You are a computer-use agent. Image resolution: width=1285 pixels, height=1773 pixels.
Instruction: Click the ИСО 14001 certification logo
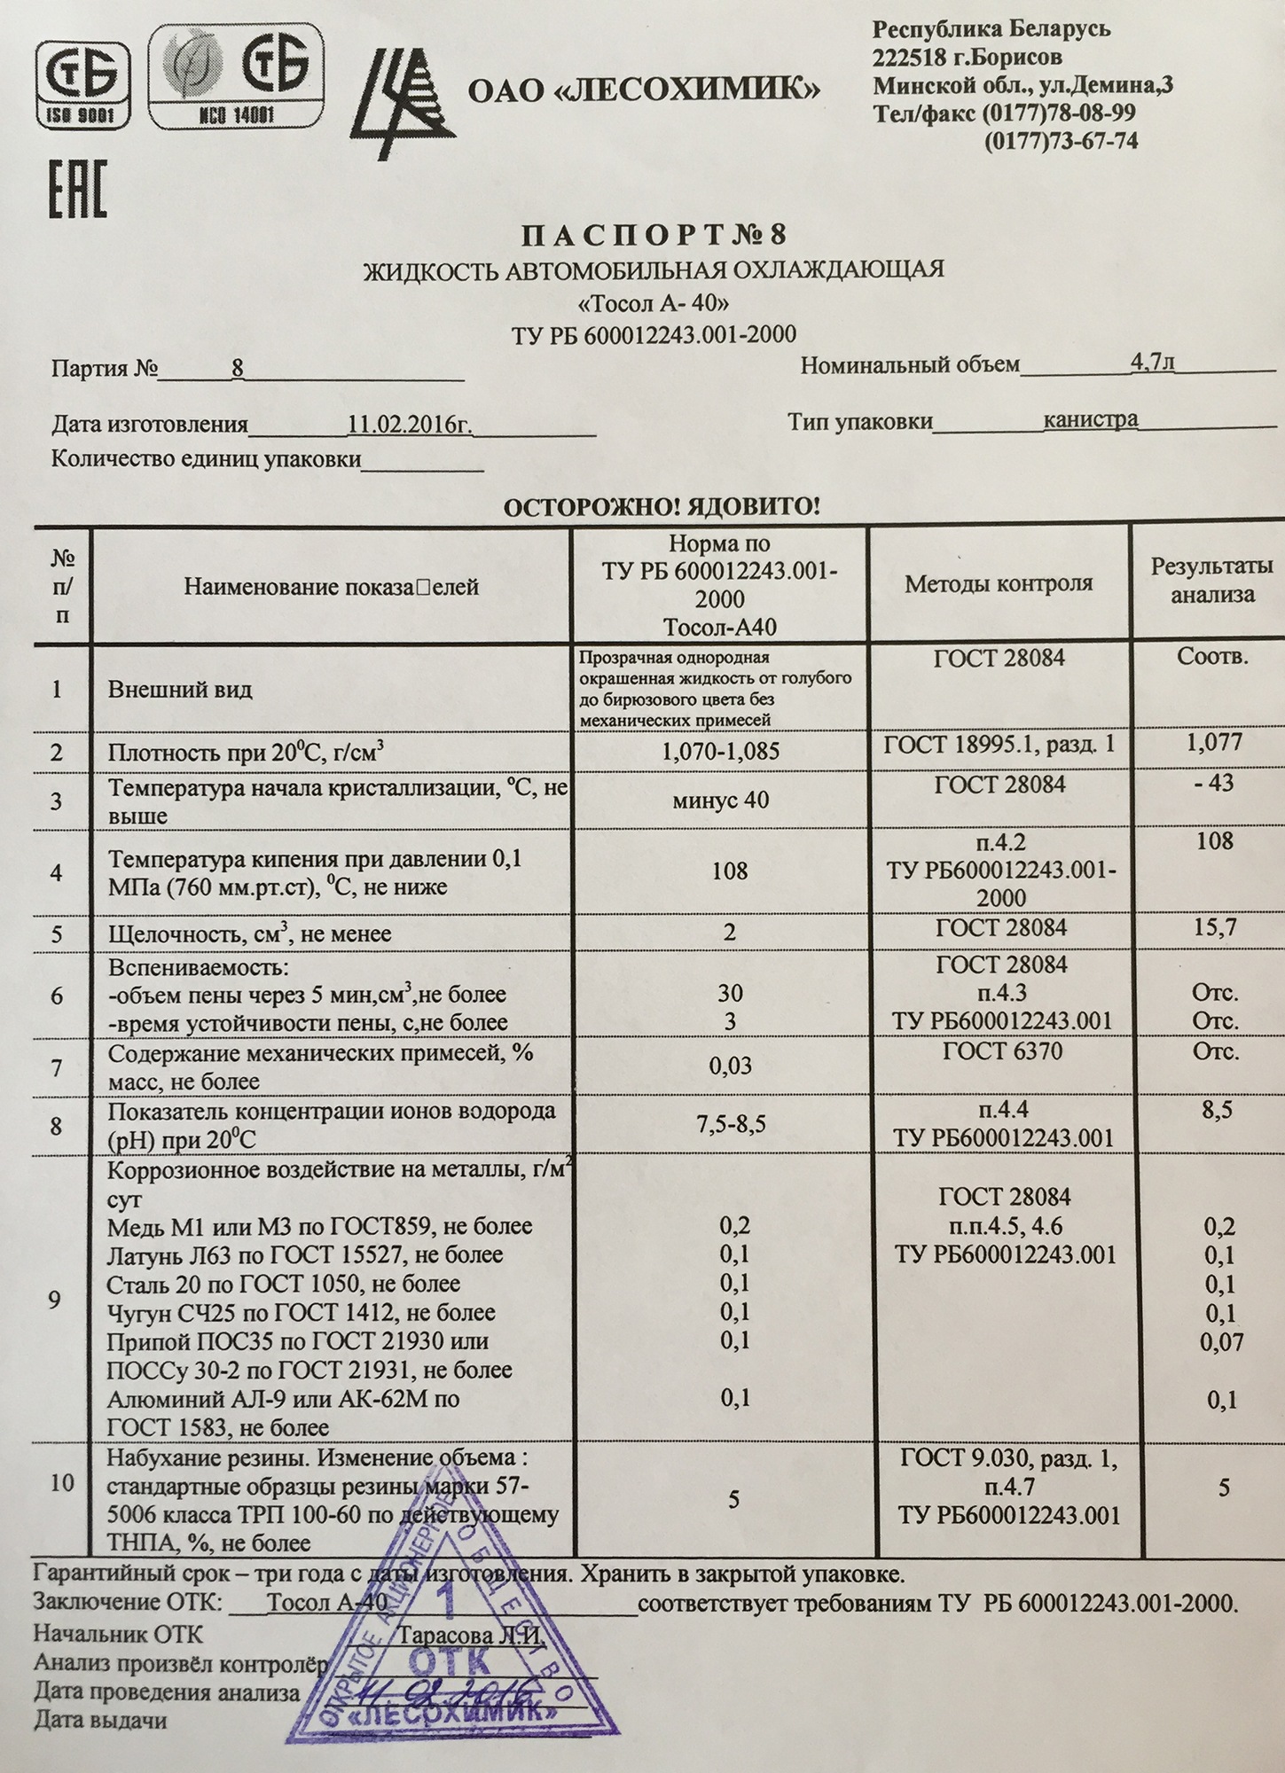point(234,75)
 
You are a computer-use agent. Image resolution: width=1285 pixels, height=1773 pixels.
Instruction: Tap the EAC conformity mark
point(78,188)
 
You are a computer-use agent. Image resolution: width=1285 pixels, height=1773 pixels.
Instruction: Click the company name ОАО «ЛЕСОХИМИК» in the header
point(643,90)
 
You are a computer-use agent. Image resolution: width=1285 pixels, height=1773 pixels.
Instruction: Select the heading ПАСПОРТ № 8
point(653,235)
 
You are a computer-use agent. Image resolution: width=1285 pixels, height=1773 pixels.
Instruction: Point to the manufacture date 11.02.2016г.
point(409,424)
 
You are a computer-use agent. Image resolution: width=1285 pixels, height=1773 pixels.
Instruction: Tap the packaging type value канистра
point(1090,419)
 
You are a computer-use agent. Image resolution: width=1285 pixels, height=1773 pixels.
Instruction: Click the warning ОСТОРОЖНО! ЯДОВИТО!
point(662,507)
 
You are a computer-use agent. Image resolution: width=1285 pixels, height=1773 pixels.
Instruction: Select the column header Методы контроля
point(999,583)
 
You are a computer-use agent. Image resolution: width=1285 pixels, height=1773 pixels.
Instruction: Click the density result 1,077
point(1214,742)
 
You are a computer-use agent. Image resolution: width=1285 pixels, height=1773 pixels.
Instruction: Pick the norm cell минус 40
point(720,801)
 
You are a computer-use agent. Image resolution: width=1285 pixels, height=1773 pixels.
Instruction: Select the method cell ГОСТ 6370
point(1002,1051)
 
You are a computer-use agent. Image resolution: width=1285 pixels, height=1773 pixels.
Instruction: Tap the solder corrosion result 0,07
point(1221,1341)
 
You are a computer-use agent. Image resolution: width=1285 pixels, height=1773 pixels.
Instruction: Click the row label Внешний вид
point(180,690)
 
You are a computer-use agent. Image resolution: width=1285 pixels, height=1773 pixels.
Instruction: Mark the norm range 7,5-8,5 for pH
point(731,1125)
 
